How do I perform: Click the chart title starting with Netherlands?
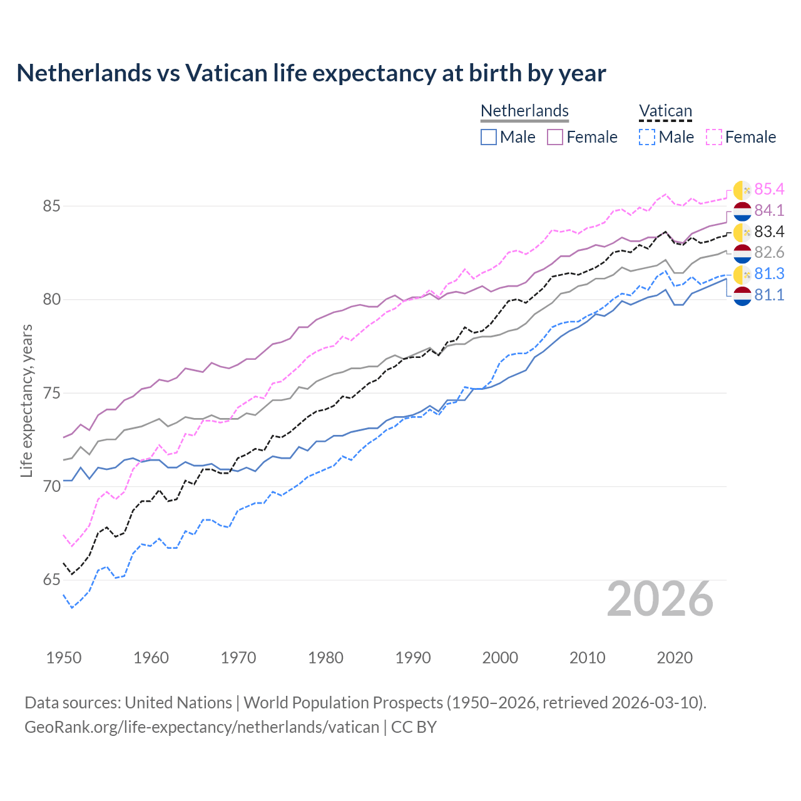point(311,73)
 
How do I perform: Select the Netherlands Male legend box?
point(489,137)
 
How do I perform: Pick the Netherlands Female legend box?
point(555,137)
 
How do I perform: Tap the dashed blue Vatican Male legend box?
point(647,137)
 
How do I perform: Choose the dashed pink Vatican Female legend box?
point(714,137)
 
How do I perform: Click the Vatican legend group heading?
point(665,111)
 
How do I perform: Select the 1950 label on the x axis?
point(64,658)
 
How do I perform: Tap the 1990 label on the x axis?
point(413,658)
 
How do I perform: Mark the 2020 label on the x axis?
point(675,658)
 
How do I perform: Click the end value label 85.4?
point(769,189)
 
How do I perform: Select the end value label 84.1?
point(769,210)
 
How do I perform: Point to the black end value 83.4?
point(769,232)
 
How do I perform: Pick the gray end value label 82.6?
point(769,252)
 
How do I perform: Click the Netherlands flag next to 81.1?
point(742,296)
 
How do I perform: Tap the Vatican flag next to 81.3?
point(742,274)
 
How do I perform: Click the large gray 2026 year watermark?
point(660,599)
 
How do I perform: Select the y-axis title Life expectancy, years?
point(26,400)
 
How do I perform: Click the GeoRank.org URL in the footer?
point(202,727)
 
